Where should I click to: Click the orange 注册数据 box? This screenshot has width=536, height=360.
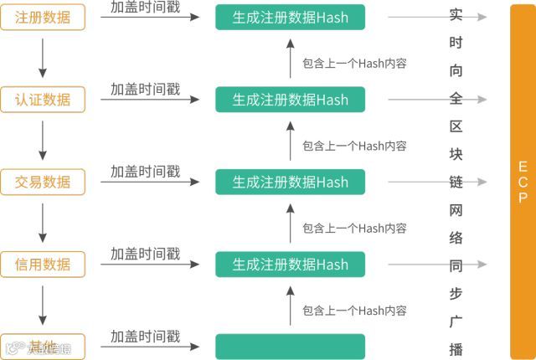pos(43,17)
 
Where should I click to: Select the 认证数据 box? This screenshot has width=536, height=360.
pos(43,100)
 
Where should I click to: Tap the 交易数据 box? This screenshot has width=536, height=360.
pos(43,182)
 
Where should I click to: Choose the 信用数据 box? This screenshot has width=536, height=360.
pos(43,265)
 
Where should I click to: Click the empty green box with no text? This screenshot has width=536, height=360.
pos(290,346)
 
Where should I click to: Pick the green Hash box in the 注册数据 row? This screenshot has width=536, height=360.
pos(290,17)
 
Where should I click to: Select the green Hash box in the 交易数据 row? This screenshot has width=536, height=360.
pos(290,182)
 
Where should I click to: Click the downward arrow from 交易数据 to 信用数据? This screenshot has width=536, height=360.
pos(43,223)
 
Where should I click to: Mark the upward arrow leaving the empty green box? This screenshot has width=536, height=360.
pos(290,306)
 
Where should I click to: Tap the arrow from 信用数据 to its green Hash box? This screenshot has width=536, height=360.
pos(151,265)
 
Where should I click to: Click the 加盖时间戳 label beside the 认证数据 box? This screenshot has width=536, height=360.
pos(145,89)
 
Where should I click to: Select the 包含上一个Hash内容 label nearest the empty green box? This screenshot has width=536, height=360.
pos(354,310)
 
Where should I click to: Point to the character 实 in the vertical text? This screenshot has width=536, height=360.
pos(456,15)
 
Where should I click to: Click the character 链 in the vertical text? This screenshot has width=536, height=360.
pos(456,182)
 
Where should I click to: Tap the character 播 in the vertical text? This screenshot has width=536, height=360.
pos(456,348)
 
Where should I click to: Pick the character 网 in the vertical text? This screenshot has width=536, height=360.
pos(456,209)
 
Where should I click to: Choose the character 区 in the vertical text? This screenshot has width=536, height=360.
pos(456,126)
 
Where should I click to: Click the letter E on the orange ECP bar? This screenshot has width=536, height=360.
pos(523,165)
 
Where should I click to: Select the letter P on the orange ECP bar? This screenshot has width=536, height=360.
pos(523,198)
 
